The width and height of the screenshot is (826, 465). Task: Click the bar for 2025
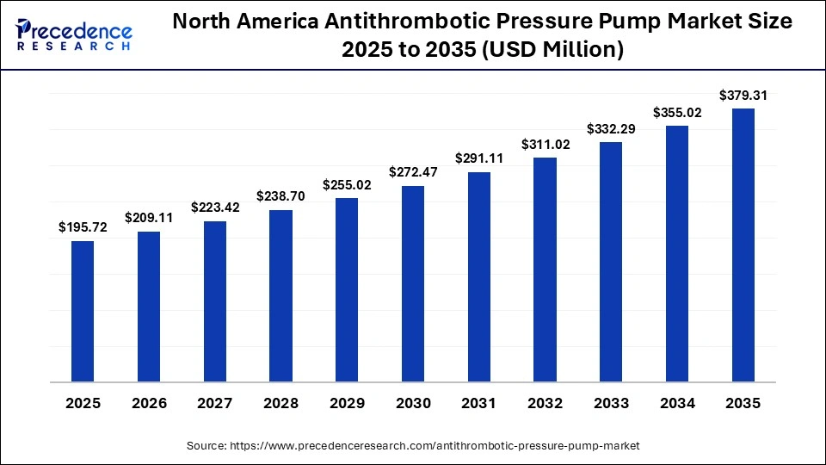pyautogui.click(x=83, y=311)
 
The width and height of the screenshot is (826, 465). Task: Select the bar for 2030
pyautogui.click(x=413, y=283)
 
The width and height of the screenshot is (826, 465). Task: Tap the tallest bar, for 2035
pyautogui.click(x=743, y=245)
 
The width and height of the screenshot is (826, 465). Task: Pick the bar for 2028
pyautogui.click(x=280, y=295)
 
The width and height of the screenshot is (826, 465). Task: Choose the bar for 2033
pyautogui.click(x=611, y=262)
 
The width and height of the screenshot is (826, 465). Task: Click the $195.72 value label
pyautogui.click(x=83, y=227)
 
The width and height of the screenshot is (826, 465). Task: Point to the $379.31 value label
pyautogui.click(x=743, y=96)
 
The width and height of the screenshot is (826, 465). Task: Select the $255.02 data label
pyautogui.click(x=347, y=185)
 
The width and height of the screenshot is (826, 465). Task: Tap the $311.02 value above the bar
pyautogui.click(x=545, y=145)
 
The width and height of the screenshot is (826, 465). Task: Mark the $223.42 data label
pyautogui.click(x=215, y=208)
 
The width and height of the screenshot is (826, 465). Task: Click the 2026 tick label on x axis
pyautogui.click(x=149, y=403)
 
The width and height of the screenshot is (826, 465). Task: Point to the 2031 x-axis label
pyautogui.click(x=479, y=403)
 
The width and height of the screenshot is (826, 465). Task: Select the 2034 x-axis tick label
pyautogui.click(x=677, y=403)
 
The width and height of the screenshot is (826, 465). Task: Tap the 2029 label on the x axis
pyautogui.click(x=347, y=403)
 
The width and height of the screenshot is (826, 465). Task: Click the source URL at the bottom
pyautogui.click(x=413, y=445)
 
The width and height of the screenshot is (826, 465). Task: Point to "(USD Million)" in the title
pyautogui.click(x=556, y=51)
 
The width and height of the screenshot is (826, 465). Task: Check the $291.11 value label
pyautogui.click(x=479, y=158)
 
